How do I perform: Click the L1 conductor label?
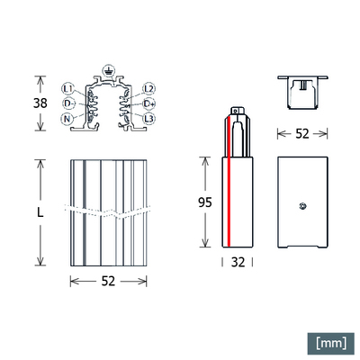pos(68,89)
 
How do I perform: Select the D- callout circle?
pos(68,103)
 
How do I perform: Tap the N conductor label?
pos(68,119)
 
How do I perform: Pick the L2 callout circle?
pos(149,89)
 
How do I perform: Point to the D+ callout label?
pos(149,103)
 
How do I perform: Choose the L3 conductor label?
pos(149,119)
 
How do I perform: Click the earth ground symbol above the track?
pos(109,69)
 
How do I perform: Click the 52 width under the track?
pos(109,282)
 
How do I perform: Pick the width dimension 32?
pos(238,264)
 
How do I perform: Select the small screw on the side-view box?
pos(304,207)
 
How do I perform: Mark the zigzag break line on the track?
pos(109,214)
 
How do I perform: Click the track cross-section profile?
pos(109,106)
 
